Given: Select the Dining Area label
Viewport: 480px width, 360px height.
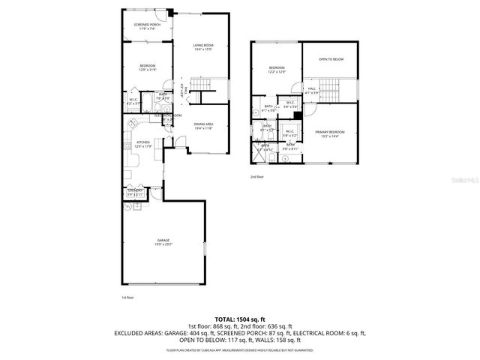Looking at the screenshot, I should click(x=204, y=127).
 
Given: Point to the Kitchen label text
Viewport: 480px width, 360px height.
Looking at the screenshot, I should click(x=143, y=144).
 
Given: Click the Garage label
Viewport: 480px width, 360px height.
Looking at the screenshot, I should click(x=163, y=242).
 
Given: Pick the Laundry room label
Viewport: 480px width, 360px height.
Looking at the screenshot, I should click(x=135, y=193).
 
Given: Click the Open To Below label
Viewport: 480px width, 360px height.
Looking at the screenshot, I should click(x=330, y=58).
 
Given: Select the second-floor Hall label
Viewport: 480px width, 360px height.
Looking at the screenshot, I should click(x=312, y=91).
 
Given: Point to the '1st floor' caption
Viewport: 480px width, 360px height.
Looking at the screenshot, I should click(x=128, y=298).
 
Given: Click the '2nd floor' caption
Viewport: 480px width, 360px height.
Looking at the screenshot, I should click(x=258, y=178).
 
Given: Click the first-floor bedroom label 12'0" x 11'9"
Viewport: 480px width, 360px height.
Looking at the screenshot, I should click(x=147, y=68).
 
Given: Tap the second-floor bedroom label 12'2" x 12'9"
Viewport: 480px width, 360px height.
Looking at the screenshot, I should click(x=277, y=70).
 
